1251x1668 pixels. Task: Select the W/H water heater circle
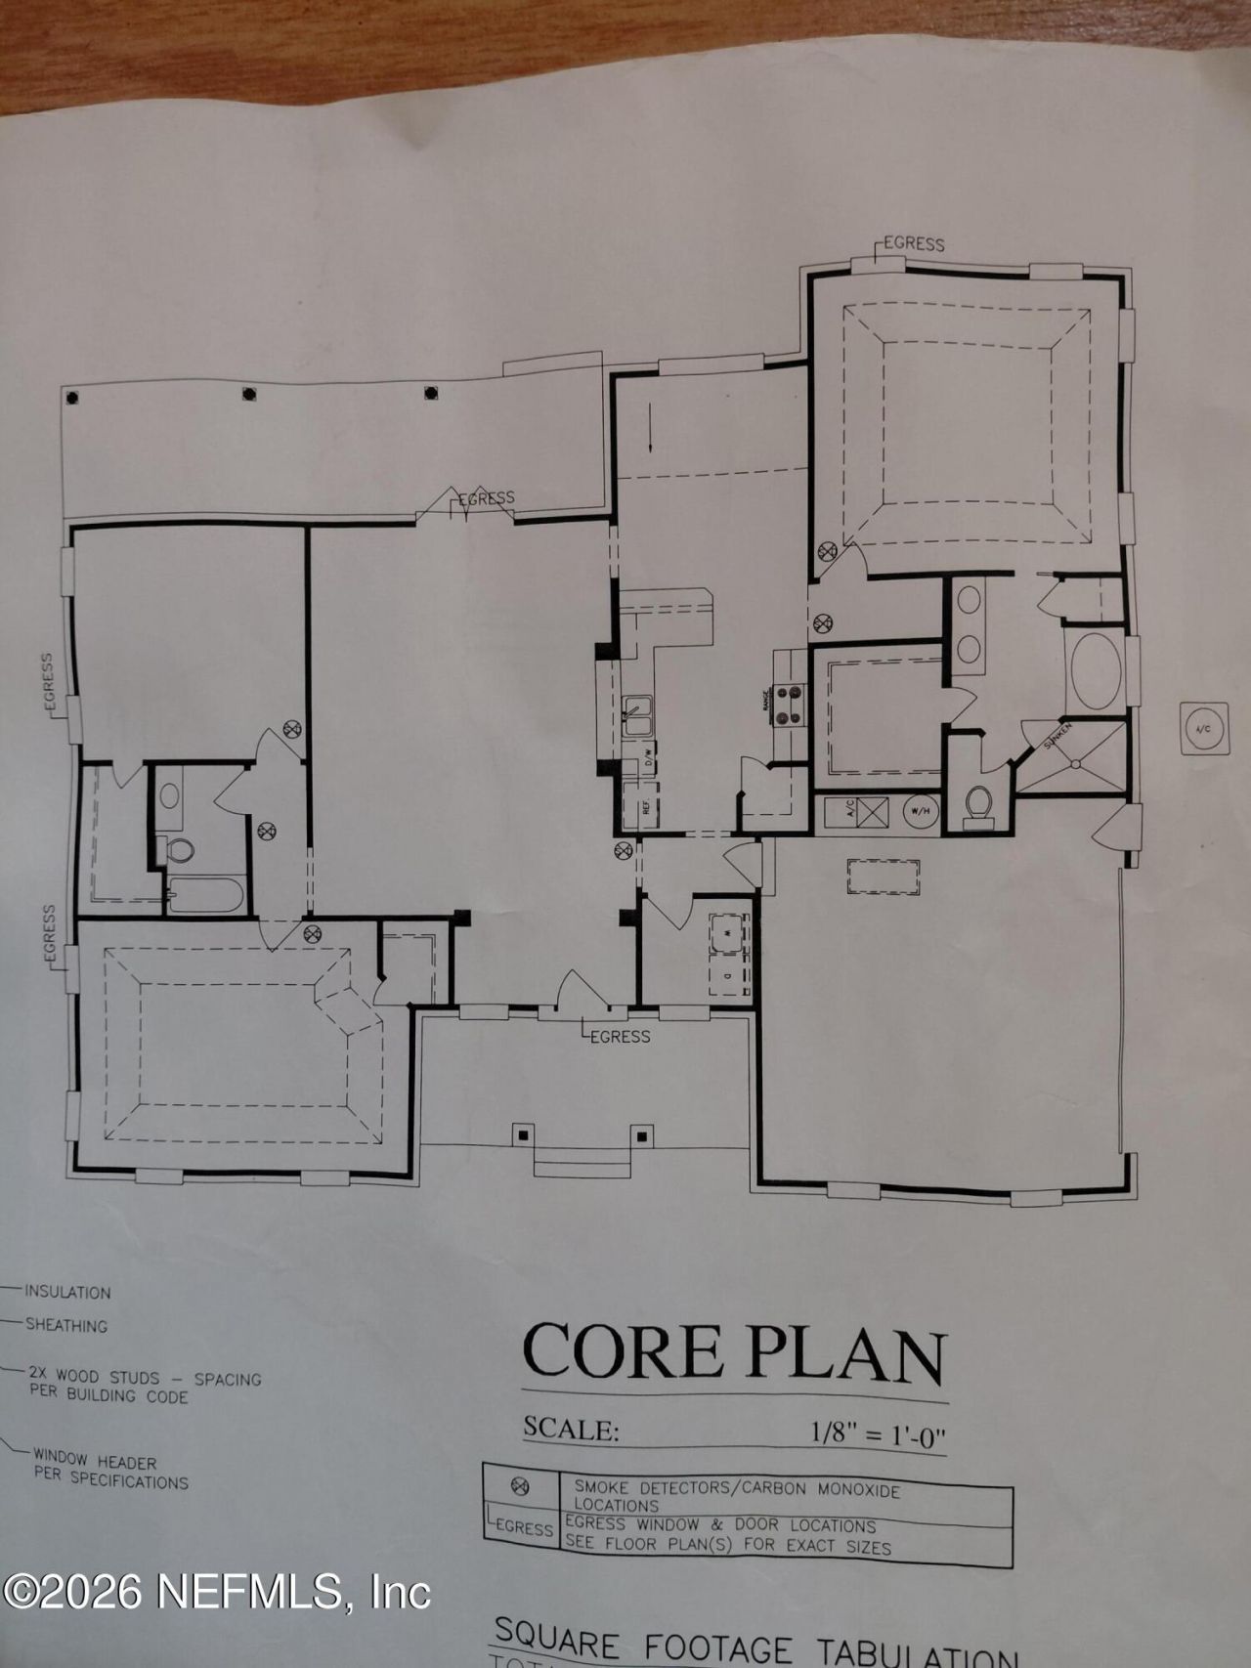point(920,810)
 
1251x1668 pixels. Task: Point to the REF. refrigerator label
point(646,808)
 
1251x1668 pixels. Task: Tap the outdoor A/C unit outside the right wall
point(1203,728)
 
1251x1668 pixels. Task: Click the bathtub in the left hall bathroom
point(206,893)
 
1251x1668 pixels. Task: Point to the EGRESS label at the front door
point(619,1036)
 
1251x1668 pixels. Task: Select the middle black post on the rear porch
point(249,394)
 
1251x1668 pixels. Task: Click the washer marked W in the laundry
point(729,933)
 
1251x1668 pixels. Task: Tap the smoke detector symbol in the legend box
point(521,1487)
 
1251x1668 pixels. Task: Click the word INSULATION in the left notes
point(67,1292)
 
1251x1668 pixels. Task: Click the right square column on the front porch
point(642,1134)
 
